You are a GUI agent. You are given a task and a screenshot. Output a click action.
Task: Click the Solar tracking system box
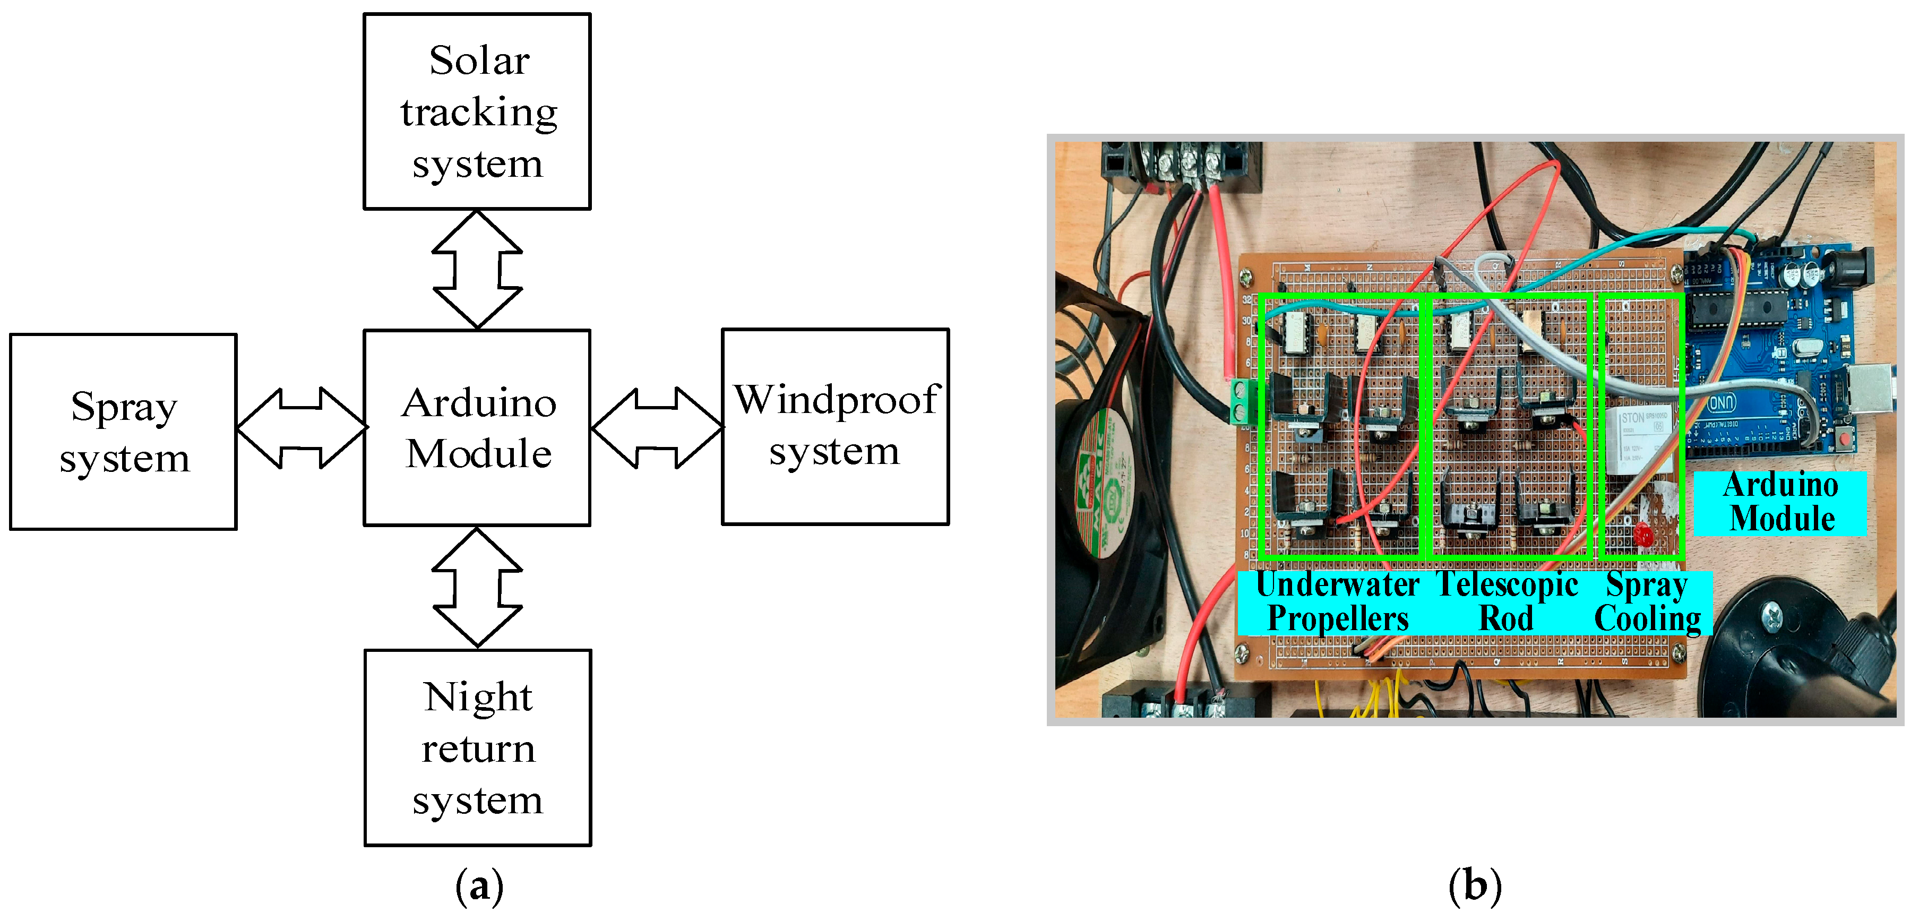477,112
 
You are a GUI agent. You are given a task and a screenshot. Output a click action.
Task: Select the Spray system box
124,432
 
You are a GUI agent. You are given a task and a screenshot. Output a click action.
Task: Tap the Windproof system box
835,427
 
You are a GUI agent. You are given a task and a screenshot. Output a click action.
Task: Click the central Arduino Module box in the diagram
477,428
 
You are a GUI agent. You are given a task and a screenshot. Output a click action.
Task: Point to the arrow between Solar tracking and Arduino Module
477,269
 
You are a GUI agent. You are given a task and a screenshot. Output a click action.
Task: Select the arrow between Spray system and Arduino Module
301,428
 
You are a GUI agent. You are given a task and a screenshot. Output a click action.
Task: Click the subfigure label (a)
479,886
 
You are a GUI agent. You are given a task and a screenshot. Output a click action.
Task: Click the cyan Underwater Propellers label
1337,602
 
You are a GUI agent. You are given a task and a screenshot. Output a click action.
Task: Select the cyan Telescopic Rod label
1507,602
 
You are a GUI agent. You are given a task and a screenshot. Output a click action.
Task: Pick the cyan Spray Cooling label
1647,602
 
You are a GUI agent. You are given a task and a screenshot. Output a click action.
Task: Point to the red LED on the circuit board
1642,533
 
